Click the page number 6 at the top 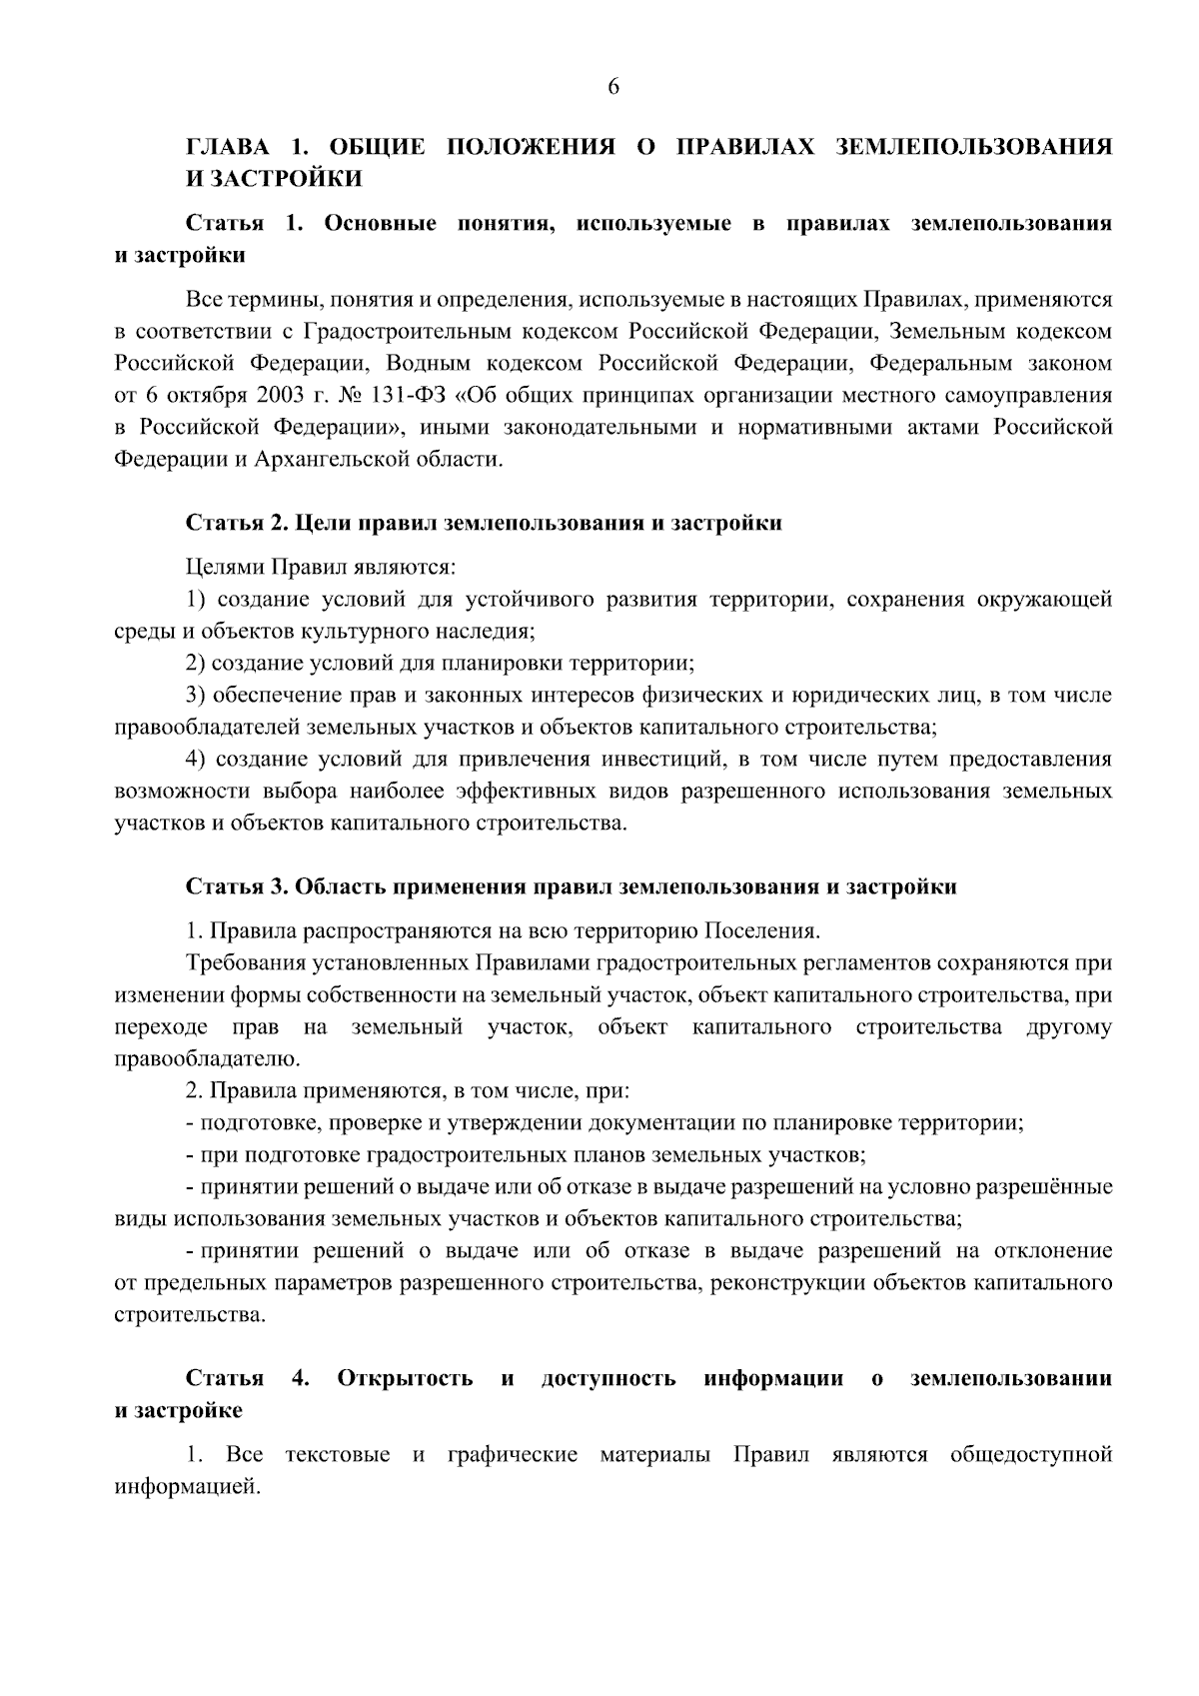[613, 87]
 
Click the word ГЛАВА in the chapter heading [228, 147]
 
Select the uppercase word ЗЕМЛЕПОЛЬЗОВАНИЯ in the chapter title [973, 147]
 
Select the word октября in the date [199, 395]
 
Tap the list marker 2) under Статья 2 [197, 664]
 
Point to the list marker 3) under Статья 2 [197, 696]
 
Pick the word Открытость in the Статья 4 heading [406, 1379]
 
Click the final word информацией [187, 1487]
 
